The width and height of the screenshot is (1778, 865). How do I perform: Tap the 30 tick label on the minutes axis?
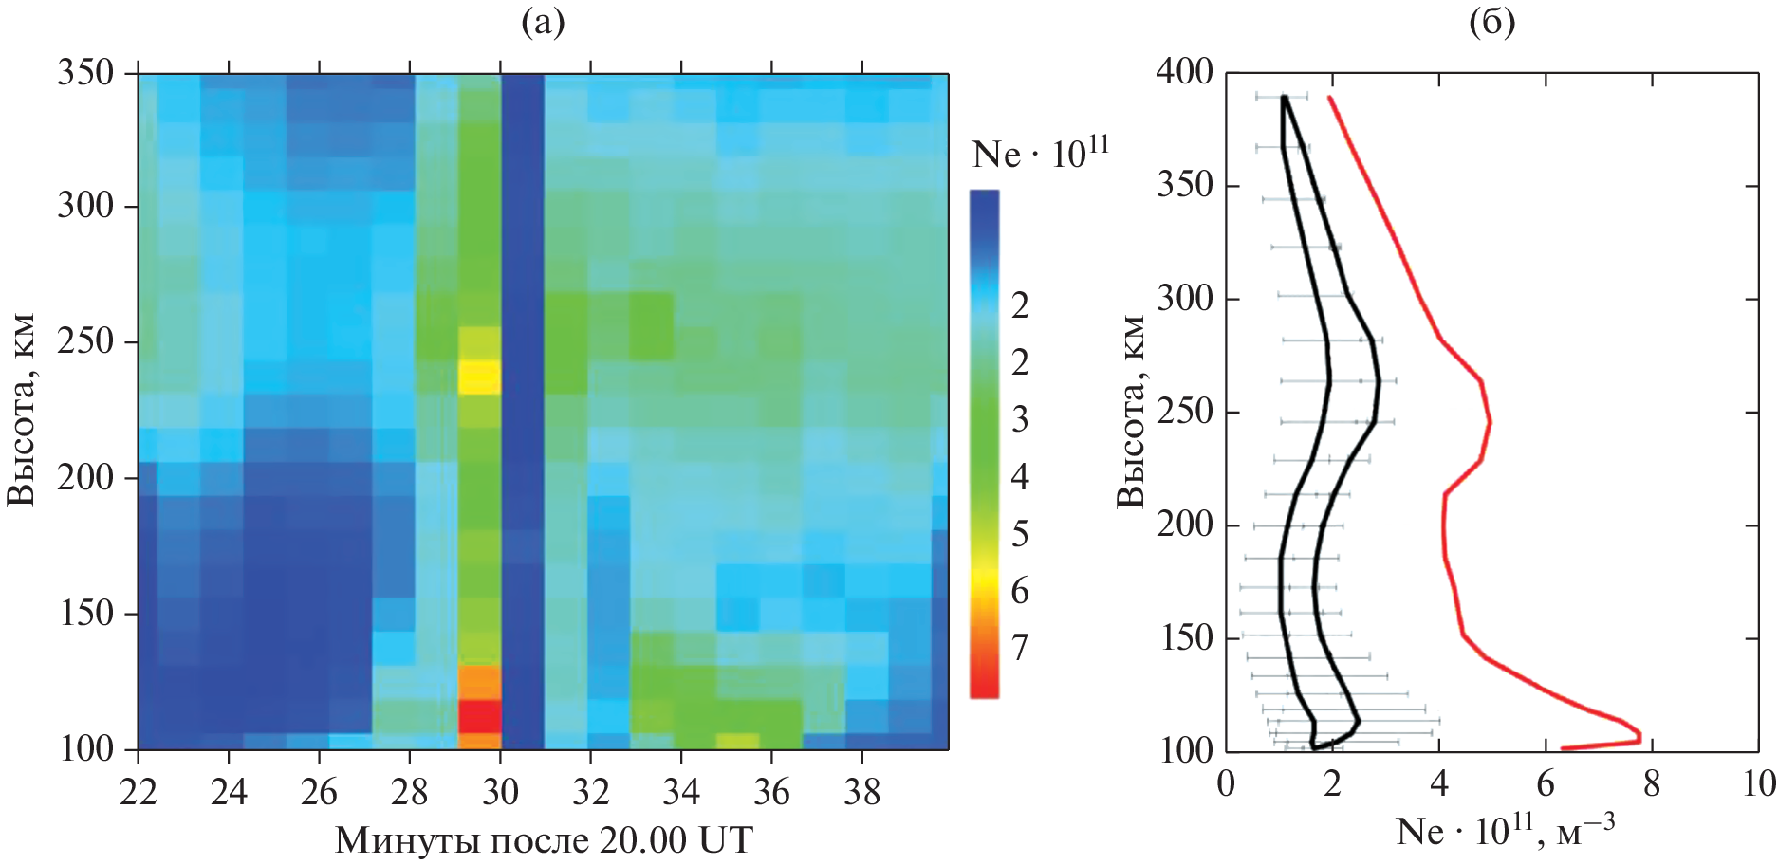(500, 791)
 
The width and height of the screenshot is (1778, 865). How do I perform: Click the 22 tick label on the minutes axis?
(139, 791)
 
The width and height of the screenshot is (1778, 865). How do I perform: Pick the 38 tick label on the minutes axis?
(861, 791)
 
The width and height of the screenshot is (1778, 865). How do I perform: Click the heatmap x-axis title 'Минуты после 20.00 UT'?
(544, 839)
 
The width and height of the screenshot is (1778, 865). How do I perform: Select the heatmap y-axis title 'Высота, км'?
(21, 410)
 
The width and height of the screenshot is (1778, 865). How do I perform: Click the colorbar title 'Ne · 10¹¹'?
(1040, 154)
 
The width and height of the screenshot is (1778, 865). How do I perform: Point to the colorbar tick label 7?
(1020, 647)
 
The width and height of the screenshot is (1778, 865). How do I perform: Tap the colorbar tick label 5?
(1020, 534)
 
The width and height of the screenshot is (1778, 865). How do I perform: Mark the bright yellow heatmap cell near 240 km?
(479, 377)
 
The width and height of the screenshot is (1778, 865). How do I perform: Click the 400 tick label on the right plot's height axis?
(1184, 71)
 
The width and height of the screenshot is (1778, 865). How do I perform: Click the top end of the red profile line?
(1329, 97)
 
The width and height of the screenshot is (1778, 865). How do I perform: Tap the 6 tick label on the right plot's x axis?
(1546, 783)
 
